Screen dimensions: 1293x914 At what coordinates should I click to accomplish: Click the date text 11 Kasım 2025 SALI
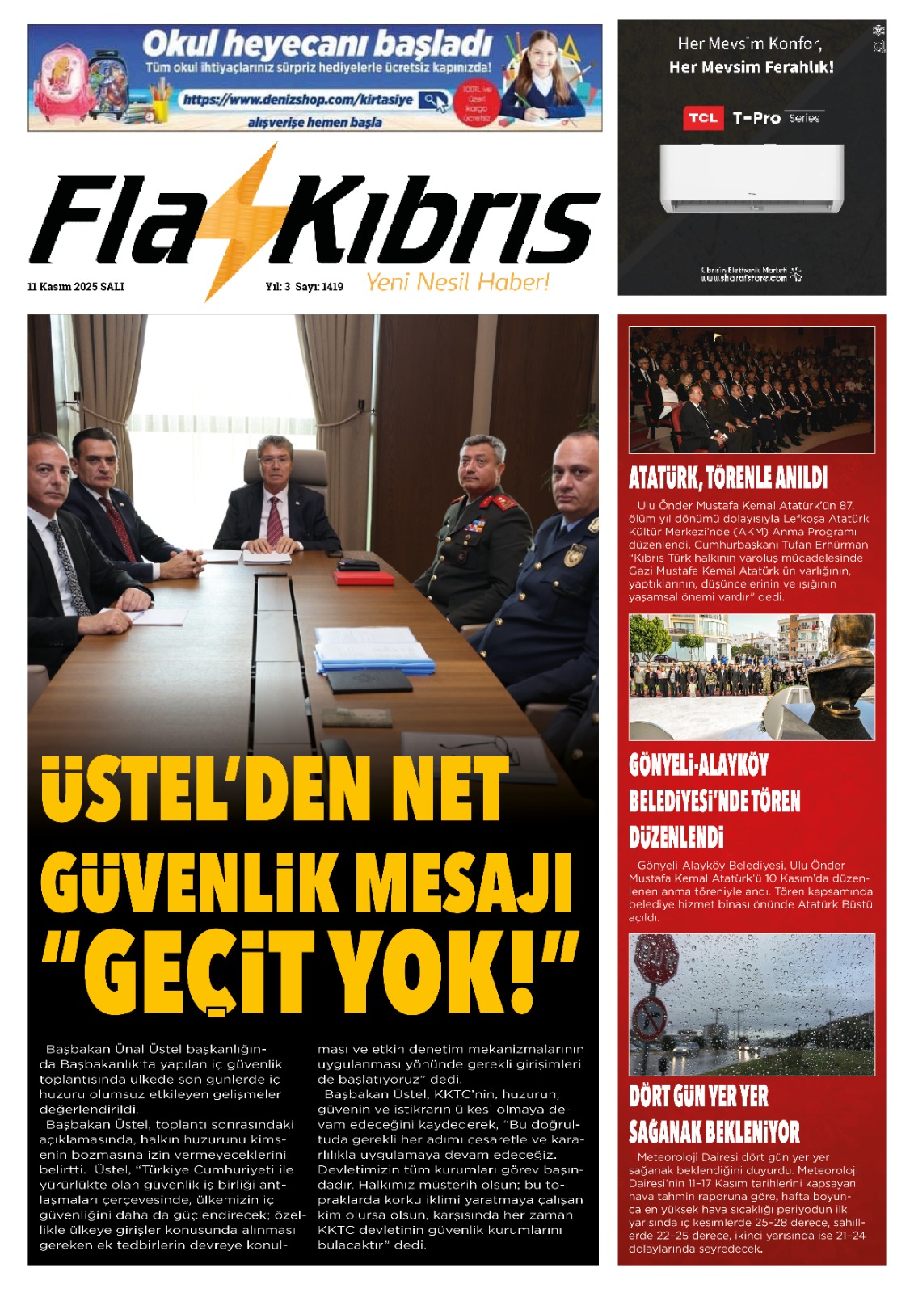(x=75, y=287)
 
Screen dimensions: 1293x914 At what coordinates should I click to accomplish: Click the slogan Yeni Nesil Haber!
(x=457, y=282)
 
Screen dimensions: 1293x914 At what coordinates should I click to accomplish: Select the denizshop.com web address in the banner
(x=297, y=100)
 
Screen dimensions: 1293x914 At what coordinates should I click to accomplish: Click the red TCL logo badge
(x=702, y=118)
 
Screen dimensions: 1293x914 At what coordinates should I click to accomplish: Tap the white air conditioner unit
(x=752, y=178)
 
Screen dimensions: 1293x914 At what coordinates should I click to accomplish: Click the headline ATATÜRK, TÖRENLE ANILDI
(x=728, y=478)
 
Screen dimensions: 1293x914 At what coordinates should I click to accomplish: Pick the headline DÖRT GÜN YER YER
(x=698, y=1096)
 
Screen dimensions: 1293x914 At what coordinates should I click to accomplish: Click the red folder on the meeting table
(x=364, y=578)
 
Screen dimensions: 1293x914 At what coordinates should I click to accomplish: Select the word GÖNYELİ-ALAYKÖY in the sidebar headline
(x=698, y=764)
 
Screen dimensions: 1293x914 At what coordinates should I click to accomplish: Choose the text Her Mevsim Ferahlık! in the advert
(x=751, y=67)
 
